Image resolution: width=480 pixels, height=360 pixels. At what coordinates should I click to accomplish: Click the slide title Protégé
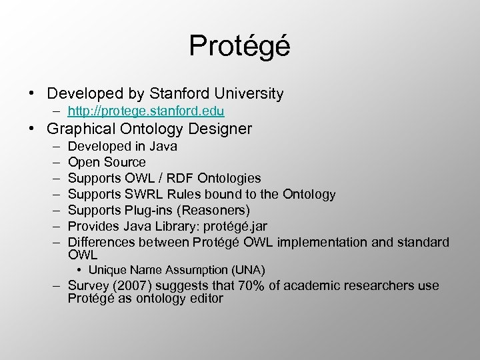239,46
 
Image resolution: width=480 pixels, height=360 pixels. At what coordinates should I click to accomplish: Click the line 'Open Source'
107,162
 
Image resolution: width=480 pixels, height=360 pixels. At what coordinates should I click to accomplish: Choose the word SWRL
141,194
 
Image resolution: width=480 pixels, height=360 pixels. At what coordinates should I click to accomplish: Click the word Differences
98,242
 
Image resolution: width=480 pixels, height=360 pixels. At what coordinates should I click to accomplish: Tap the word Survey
87,285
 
